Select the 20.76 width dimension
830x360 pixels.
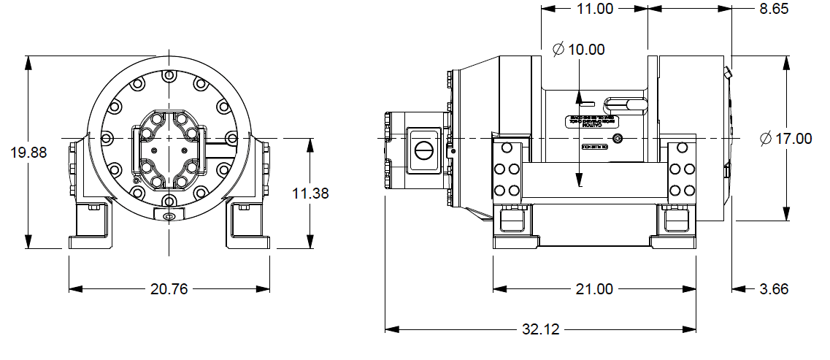click(x=169, y=288)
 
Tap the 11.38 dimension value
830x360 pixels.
click(x=310, y=194)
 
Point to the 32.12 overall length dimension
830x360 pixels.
click(x=541, y=329)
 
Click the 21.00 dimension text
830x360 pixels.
click(x=594, y=288)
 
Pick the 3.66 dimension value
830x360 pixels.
click(x=774, y=288)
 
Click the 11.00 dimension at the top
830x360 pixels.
click(x=594, y=9)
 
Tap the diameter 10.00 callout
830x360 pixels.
click(x=579, y=50)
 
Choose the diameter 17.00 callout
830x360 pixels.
click(x=785, y=138)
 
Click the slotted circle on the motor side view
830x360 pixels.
click(x=423, y=151)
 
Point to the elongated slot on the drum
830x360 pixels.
click(x=627, y=104)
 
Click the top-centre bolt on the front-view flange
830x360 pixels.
click(x=169, y=75)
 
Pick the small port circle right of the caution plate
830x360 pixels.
click(x=618, y=139)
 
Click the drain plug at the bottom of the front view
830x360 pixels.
click(x=169, y=215)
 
